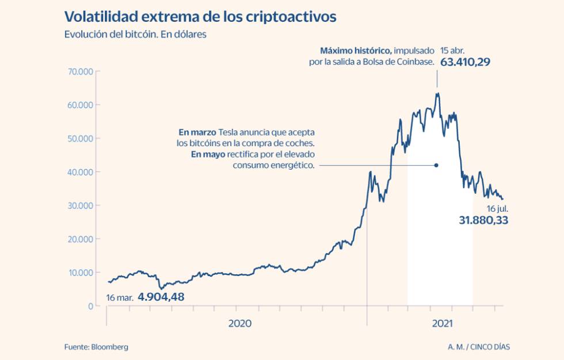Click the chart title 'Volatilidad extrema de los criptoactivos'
pyautogui.click(x=200, y=17)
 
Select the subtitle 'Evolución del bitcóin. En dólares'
pyautogui.click(x=135, y=35)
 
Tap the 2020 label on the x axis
pyautogui.click(x=239, y=324)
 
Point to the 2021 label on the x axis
pyautogui.click(x=441, y=324)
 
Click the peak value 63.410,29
pyautogui.click(x=465, y=62)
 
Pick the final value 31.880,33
pyautogui.click(x=483, y=220)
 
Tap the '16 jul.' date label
pyautogui.click(x=497, y=208)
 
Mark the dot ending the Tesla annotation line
pyautogui.click(x=436, y=165)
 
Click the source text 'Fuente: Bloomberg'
pyautogui.click(x=96, y=347)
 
